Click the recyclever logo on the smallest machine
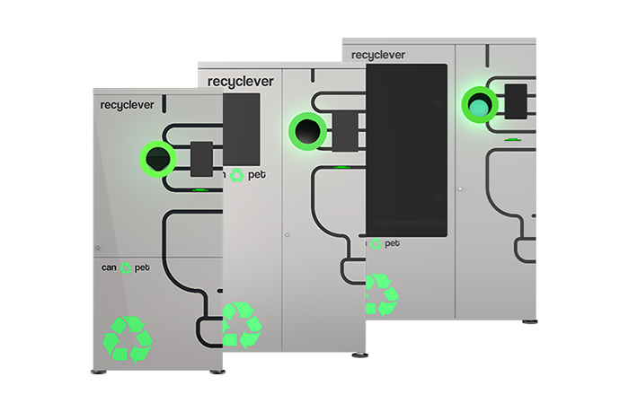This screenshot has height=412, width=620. (x=128, y=105)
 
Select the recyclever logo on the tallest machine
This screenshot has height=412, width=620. (x=377, y=55)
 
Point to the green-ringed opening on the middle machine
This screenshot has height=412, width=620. (x=307, y=131)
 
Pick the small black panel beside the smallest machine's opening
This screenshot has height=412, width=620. (x=201, y=159)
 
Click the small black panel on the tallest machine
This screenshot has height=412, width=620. (x=516, y=103)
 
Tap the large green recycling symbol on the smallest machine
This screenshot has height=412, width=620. (x=128, y=337)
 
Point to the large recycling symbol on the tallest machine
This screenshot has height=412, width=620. (x=381, y=294)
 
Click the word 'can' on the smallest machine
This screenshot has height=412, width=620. (x=109, y=267)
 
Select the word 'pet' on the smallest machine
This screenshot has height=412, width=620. (x=142, y=267)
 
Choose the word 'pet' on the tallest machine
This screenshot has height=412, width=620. (x=392, y=243)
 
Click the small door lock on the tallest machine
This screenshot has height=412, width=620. (x=461, y=188)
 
